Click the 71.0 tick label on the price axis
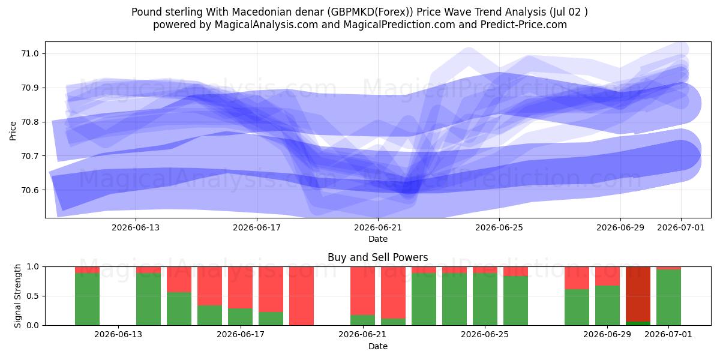pyautogui.click(x=30, y=53)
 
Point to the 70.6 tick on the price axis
pyautogui.click(x=30, y=190)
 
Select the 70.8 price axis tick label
pyautogui.click(x=30, y=122)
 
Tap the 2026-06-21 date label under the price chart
pyautogui.click(x=378, y=227)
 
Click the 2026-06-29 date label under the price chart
pyautogui.click(x=620, y=227)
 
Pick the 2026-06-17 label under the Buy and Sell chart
pyautogui.click(x=241, y=334)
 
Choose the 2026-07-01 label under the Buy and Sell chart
pyautogui.click(x=668, y=334)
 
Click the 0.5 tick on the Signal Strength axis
pyautogui.click(x=33, y=296)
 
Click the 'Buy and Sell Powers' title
pyautogui.click(x=378, y=257)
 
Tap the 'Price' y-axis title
pyautogui.click(x=13, y=131)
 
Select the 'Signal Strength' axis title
pyautogui.click(x=17, y=296)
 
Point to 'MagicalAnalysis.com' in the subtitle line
pyautogui.click(x=266, y=25)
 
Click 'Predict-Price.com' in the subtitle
pyautogui.click(x=524, y=25)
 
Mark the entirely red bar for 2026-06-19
pyautogui.click(x=301, y=296)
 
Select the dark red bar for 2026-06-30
pyautogui.click(x=638, y=294)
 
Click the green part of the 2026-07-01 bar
pyautogui.click(x=668, y=298)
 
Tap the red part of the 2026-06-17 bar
pyautogui.click(x=241, y=287)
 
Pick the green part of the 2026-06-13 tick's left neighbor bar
pyautogui.click(x=88, y=299)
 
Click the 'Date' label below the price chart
pyautogui.click(x=378, y=239)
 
